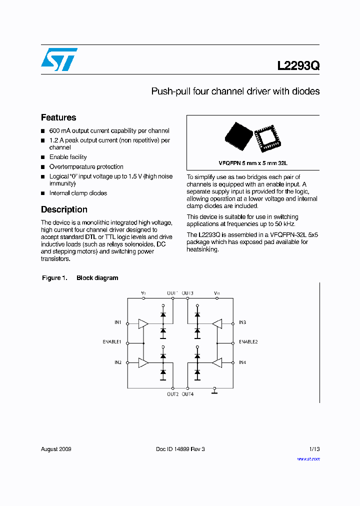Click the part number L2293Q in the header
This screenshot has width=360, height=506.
click(x=298, y=65)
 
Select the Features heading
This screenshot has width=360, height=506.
click(x=58, y=117)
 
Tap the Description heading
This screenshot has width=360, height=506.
click(x=64, y=209)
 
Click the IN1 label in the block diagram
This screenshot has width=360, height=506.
click(x=117, y=322)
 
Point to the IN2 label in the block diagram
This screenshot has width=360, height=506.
click(x=117, y=362)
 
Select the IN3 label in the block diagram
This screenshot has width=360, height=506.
click(x=242, y=322)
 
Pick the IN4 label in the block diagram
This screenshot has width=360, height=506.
click(x=242, y=362)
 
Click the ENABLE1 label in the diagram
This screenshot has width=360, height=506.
click(x=112, y=342)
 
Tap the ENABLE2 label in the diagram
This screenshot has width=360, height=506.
click(x=248, y=342)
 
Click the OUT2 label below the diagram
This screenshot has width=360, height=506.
click(x=172, y=394)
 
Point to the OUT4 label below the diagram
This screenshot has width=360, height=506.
click(x=187, y=394)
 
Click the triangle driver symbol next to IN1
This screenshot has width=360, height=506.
click(x=143, y=323)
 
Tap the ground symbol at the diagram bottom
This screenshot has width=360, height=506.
click(x=214, y=391)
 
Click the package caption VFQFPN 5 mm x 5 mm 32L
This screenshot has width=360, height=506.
click(x=253, y=163)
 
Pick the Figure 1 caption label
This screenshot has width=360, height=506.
click(x=54, y=278)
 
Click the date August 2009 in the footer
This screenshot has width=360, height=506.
click(x=56, y=449)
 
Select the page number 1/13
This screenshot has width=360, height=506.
click(x=314, y=449)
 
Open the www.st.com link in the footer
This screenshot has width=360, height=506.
click(x=308, y=459)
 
